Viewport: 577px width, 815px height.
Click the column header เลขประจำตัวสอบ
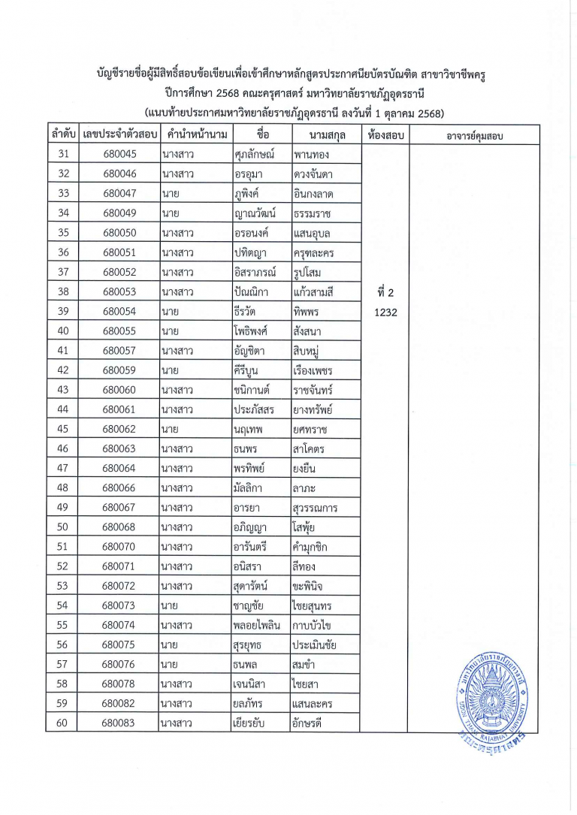pos(120,135)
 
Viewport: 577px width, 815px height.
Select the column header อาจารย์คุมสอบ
pos(474,135)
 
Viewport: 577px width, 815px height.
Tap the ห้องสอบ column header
pos(387,135)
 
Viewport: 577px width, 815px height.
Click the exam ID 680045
pos(120,155)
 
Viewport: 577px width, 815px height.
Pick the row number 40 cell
pos(63,331)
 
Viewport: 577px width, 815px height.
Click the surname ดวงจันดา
pos(313,174)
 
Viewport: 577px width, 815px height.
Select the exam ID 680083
pos(120,723)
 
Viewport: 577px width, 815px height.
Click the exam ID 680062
pos(120,429)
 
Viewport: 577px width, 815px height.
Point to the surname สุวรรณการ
pos(315,508)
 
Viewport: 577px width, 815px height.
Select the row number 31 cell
pos(63,155)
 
